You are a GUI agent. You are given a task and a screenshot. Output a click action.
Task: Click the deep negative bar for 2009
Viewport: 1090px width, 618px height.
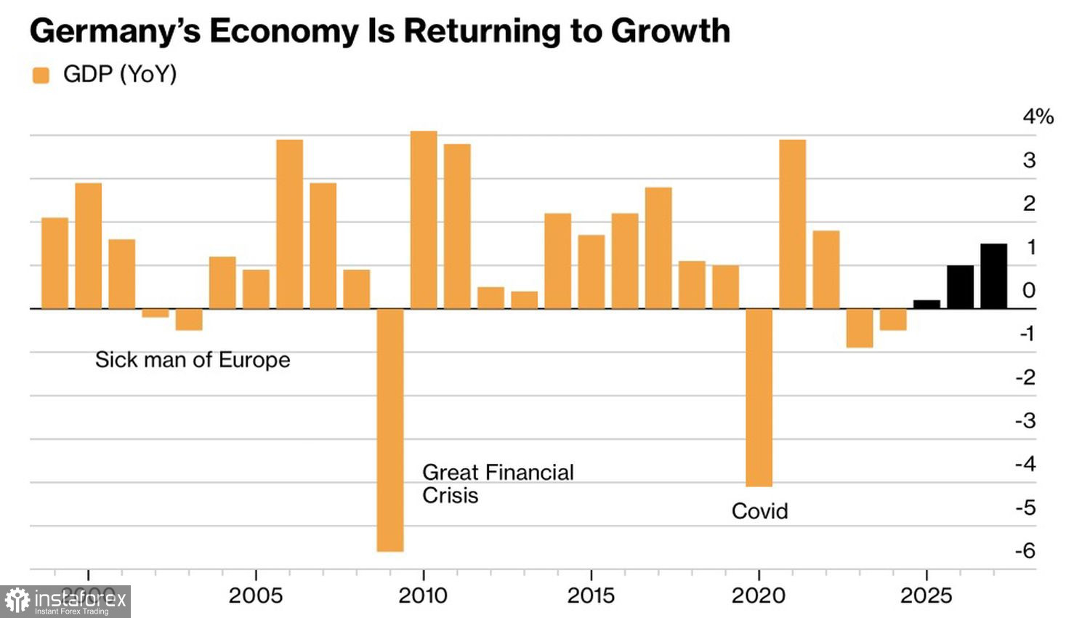(x=390, y=430)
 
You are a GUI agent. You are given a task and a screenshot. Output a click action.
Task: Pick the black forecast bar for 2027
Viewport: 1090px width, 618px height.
(x=993, y=276)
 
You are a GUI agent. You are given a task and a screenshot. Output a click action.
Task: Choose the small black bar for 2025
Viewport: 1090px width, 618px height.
(x=926, y=305)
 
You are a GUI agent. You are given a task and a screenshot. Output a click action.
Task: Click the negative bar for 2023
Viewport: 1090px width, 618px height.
(x=859, y=328)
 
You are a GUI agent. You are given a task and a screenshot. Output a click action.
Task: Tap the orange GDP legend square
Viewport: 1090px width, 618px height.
(x=41, y=75)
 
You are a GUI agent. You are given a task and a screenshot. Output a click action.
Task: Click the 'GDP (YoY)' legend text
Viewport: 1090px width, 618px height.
(x=120, y=74)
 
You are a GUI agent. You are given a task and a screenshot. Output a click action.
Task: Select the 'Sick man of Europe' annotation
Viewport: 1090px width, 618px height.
(x=193, y=360)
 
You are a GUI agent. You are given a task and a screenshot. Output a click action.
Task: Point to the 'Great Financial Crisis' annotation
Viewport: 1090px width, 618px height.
(x=497, y=483)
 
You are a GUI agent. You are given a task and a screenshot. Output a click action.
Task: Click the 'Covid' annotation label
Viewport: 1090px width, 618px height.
(x=759, y=511)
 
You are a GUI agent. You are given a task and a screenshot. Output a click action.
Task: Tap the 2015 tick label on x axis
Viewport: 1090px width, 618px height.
(x=591, y=596)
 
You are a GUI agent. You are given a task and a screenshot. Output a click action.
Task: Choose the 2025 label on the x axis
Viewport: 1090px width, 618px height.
(x=926, y=596)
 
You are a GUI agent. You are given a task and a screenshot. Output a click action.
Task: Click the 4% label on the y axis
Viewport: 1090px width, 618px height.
(x=1038, y=116)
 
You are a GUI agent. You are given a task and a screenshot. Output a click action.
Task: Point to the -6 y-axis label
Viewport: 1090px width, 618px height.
(x=1025, y=551)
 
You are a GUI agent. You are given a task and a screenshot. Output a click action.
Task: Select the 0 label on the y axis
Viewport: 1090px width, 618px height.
(x=1028, y=291)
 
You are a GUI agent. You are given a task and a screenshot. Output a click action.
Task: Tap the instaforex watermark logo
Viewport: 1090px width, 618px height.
(x=65, y=601)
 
